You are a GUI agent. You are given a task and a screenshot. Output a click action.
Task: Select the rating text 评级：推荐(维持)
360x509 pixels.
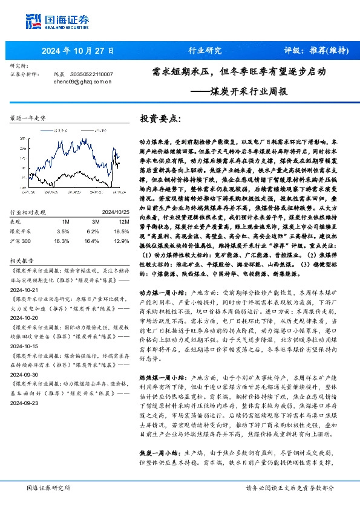point(310,51)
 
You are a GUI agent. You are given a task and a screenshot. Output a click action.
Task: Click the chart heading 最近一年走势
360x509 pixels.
point(28,118)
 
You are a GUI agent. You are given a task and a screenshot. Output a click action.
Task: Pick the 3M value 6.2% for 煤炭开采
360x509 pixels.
point(92,214)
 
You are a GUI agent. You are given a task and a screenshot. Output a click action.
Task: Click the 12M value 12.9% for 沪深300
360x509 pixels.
point(121,223)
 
